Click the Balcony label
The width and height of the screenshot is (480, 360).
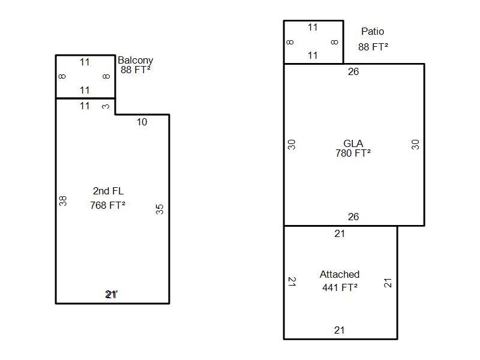(135, 60)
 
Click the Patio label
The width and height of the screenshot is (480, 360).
(373, 31)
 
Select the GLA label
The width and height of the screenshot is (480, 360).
(353, 143)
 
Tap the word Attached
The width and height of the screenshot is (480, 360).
(340, 274)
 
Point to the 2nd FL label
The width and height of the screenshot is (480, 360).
(108, 191)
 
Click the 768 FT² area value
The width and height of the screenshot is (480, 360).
(108, 205)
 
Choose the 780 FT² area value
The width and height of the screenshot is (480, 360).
(353, 153)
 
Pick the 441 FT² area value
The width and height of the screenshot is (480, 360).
(340, 287)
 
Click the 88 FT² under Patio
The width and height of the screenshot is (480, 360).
(373, 46)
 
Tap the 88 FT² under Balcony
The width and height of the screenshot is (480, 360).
(135, 70)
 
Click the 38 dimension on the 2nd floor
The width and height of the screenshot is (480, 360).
(63, 201)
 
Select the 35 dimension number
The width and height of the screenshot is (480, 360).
(160, 209)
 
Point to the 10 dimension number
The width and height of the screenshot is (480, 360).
(142, 122)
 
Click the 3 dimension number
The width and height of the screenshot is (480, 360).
(106, 107)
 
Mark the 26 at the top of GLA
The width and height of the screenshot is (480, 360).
(353, 72)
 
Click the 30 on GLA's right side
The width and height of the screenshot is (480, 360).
(415, 144)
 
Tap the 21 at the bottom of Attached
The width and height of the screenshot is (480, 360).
(340, 330)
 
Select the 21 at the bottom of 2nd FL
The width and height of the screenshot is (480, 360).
(112, 294)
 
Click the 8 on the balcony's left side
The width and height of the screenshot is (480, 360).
(62, 76)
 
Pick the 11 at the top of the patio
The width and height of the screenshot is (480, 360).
(313, 27)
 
